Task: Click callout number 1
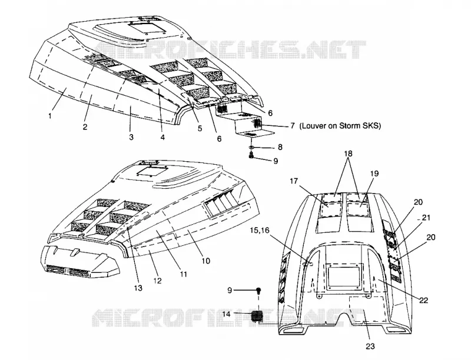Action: tap(49, 116)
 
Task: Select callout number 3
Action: tap(131, 137)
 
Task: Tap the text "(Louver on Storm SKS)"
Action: tap(340, 126)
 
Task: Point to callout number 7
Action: tap(293, 126)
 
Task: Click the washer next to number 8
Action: tap(251, 147)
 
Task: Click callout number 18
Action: tap(349, 154)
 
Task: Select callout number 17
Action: tap(294, 181)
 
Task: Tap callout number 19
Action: tap(374, 174)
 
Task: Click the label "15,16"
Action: tap(259, 230)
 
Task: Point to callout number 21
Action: tap(426, 218)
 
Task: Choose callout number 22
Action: tap(423, 300)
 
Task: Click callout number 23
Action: tap(370, 346)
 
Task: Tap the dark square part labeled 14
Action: tap(257, 316)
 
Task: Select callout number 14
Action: tap(227, 314)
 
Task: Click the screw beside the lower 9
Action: tap(258, 291)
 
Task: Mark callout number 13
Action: tap(138, 288)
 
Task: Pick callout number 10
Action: tap(205, 261)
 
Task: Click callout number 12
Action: tap(157, 281)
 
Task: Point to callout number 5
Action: tap(200, 128)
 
